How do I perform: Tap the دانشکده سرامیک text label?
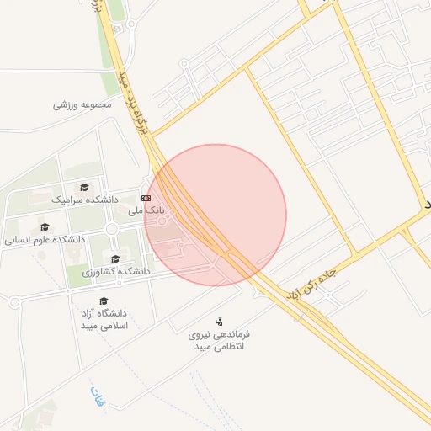(85, 200)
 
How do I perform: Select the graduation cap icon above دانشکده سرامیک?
(83, 188)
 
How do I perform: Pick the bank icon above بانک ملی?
(146, 198)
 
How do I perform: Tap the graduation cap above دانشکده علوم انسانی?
(45, 226)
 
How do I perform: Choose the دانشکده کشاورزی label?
(115, 271)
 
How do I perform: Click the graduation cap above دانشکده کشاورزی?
(115, 258)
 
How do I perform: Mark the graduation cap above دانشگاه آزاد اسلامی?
(104, 301)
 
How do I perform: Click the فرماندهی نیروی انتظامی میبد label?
(218, 340)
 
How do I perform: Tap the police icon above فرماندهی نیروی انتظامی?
(220, 321)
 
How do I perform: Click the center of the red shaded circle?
(215, 215)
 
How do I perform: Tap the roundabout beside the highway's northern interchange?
(131, 24)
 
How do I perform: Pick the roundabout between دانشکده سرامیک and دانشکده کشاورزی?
(110, 229)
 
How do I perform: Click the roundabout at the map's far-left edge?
(14, 301)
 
